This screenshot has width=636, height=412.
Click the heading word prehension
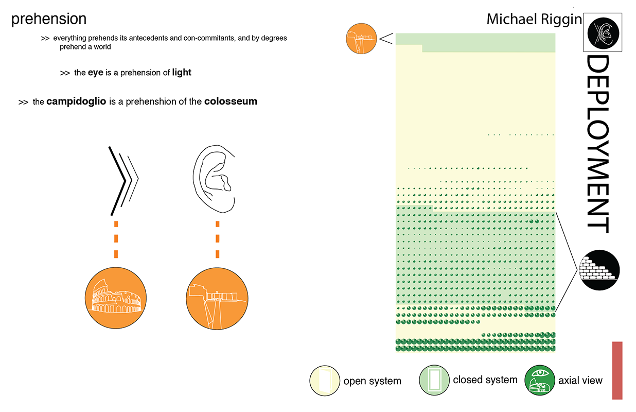pyautogui.click(x=48, y=19)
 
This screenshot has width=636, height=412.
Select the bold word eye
pyautogui.click(x=95, y=73)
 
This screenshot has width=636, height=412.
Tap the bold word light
pyautogui.click(x=182, y=73)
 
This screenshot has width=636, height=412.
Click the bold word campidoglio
pyautogui.click(x=76, y=101)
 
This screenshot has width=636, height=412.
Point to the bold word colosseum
pyautogui.click(x=231, y=101)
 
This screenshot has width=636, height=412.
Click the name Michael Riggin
pyautogui.click(x=534, y=20)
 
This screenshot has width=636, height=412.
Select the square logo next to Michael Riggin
pyautogui.click(x=603, y=32)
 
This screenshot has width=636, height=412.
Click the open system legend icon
pyautogui.click(x=325, y=381)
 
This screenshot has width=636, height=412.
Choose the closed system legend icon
pyautogui.click(x=434, y=380)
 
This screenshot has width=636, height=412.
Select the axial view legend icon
pyautogui.click(x=539, y=381)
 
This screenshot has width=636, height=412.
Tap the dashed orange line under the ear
pyautogui.click(x=218, y=239)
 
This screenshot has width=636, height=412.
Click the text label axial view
pyautogui.click(x=580, y=381)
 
